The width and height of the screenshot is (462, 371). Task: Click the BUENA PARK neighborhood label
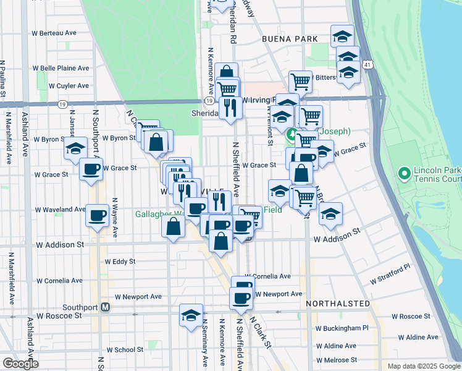click(x=289, y=38)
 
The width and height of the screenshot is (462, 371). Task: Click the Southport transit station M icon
click(x=106, y=307)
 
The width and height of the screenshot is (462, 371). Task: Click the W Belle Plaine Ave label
click(x=61, y=68)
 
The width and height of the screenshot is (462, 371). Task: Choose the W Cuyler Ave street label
click(x=68, y=85)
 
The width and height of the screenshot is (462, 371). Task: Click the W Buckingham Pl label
click(x=342, y=328)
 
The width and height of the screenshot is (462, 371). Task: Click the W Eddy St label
click(x=120, y=262)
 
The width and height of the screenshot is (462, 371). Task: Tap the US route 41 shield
click(x=368, y=64)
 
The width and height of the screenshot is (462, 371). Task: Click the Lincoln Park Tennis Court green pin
click(x=405, y=173)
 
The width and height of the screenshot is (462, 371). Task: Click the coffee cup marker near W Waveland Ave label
click(x=97, y=215)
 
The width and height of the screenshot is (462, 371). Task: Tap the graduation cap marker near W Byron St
click(x=75, y=148)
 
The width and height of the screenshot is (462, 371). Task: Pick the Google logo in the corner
click(x=20, y=364)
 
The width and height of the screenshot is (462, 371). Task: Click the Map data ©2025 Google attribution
click(x=424, y=366)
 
